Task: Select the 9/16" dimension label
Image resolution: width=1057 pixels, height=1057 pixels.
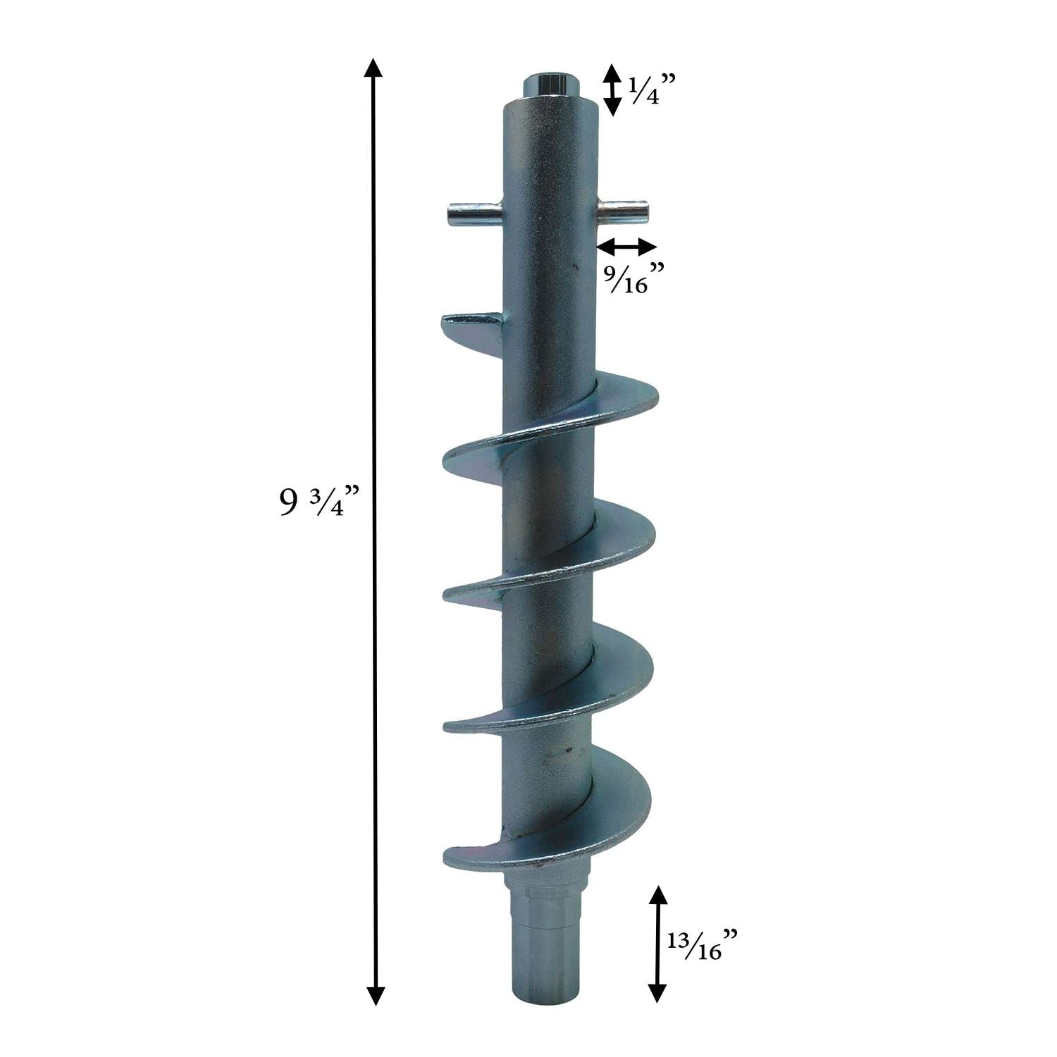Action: tap(635, 277)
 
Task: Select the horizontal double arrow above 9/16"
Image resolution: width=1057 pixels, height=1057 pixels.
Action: tap(627, 246)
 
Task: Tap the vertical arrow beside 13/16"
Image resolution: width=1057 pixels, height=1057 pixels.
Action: tap(657, 944)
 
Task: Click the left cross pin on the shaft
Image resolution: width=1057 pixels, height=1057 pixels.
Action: tap(476, 212)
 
